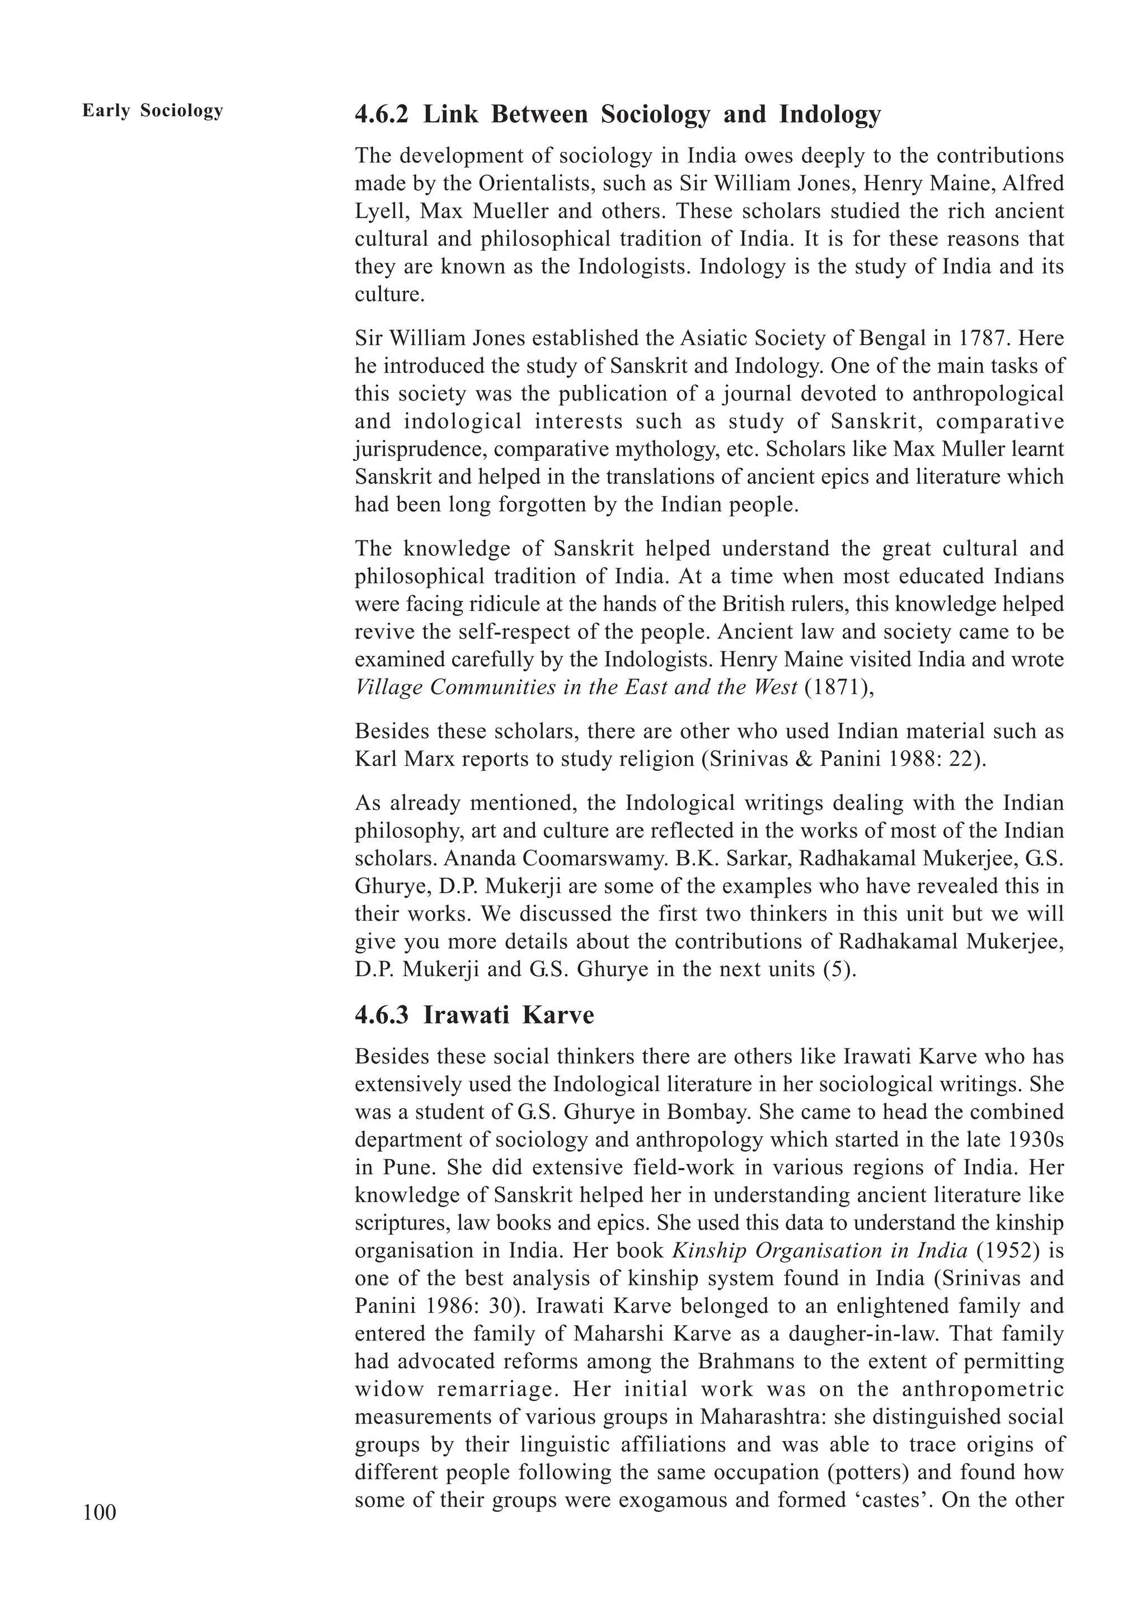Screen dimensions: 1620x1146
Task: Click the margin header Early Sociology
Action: [x=152, y=111]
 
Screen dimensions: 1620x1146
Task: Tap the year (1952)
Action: [x=1008, y=1251]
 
